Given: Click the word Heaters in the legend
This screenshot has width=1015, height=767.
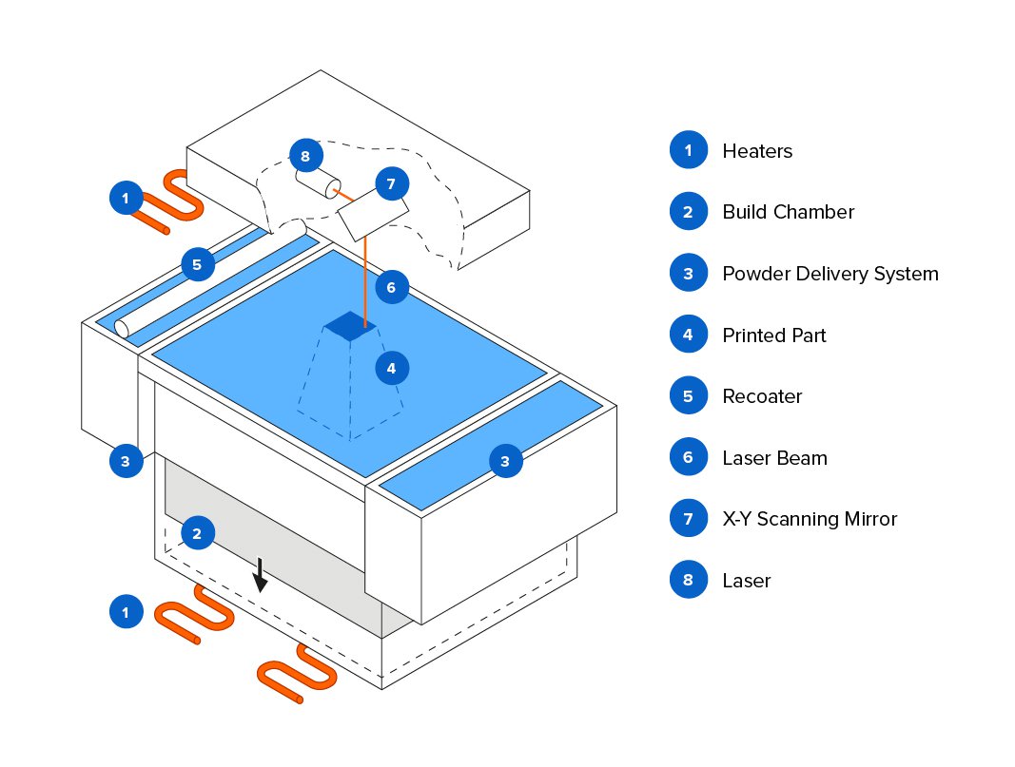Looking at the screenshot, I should click(756, 151).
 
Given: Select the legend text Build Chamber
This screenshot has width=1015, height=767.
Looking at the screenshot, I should click(788, 212).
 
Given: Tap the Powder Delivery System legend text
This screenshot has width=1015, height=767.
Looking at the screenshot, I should click(830, 274).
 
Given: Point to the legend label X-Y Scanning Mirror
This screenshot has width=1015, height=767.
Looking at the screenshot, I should click(810, 519).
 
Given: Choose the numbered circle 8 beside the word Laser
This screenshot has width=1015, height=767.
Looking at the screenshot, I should click(688, 580).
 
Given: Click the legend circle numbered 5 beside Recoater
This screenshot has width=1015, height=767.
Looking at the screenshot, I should click(688, 396).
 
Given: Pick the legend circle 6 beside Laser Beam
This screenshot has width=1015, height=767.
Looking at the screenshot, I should click(688, 457).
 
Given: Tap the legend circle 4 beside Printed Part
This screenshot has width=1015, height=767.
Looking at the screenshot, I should click(688, 335).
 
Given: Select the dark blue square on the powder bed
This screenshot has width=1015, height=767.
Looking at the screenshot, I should click(350, 325).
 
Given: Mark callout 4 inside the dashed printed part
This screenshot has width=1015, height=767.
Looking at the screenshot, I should click(391, 366).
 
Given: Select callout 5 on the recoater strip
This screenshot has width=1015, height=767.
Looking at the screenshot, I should click(197, 264).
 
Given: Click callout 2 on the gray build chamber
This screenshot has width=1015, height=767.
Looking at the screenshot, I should click(197, 533).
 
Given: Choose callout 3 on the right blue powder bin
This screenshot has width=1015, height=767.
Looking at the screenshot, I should click(505, 462).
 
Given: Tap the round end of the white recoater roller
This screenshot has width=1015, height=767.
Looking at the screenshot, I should click(122, 328).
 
